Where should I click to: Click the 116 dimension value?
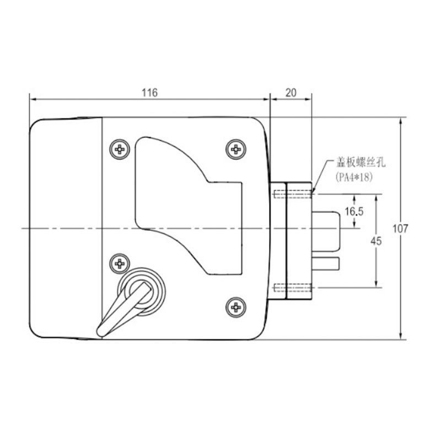tap(149, 93)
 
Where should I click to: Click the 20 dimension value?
tap(291, 93)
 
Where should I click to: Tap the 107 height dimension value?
tap(400, 229)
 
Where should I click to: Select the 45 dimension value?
tap(376, 241)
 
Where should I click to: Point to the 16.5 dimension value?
tap(354, 211)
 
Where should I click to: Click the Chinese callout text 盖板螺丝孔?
tap(361, 163)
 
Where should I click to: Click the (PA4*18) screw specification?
tap(354, 177)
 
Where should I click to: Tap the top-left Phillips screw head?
tap(120, 149)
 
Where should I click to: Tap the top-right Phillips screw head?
tap(236, 149)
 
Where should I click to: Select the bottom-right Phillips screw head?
tap(236, 308)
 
